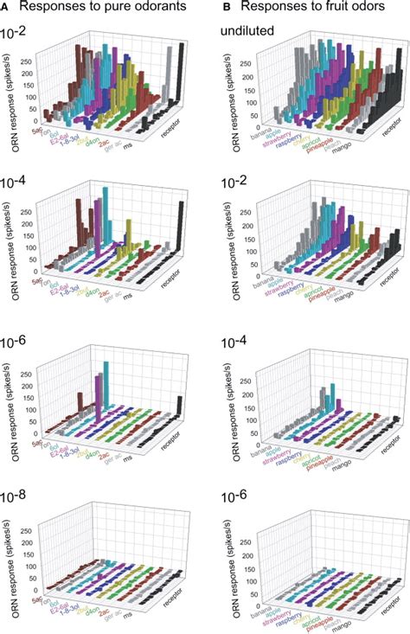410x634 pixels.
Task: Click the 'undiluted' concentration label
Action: (x=244, y=35)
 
